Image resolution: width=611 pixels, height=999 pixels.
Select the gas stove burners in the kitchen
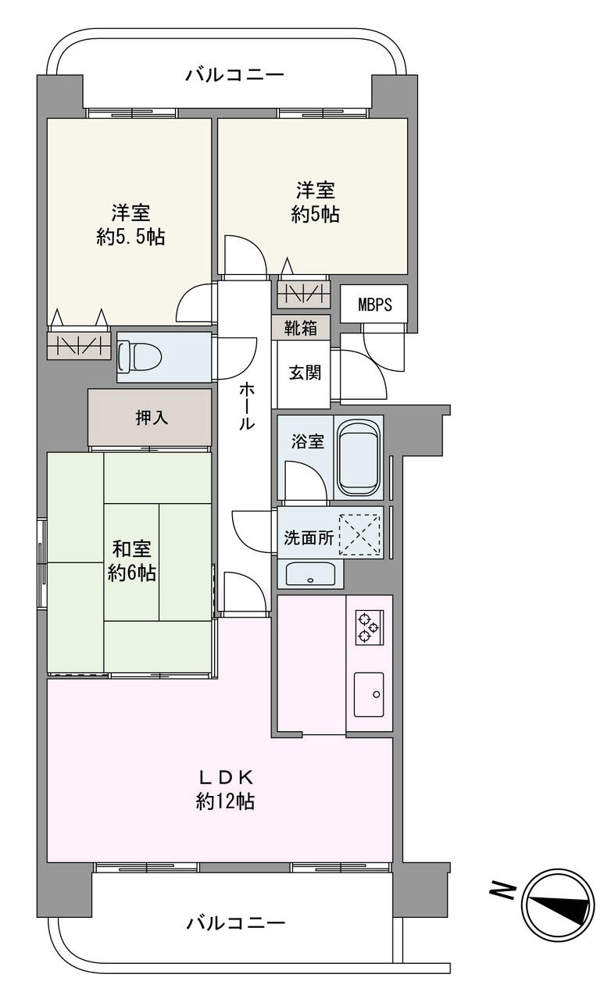[369, 626]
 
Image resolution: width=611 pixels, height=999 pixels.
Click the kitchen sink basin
[369, 694]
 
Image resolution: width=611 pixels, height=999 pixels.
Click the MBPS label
[375, 304]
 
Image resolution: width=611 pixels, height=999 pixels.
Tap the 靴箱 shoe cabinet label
[301, 328]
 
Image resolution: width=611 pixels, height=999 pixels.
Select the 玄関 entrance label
[305, 373]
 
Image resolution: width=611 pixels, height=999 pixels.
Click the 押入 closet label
[152, 417]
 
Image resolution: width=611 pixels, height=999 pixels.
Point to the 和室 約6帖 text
[131, 561]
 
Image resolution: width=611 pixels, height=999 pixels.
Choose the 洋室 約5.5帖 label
[130, 224]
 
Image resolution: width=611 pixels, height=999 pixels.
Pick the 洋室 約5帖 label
[316, 202]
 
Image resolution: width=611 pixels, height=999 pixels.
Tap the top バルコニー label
[234, 73]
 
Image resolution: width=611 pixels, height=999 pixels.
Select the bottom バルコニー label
[235, 922]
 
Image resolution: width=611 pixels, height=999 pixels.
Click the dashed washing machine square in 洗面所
[359, 534]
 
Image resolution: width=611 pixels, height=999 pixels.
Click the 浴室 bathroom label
[308, 441]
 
